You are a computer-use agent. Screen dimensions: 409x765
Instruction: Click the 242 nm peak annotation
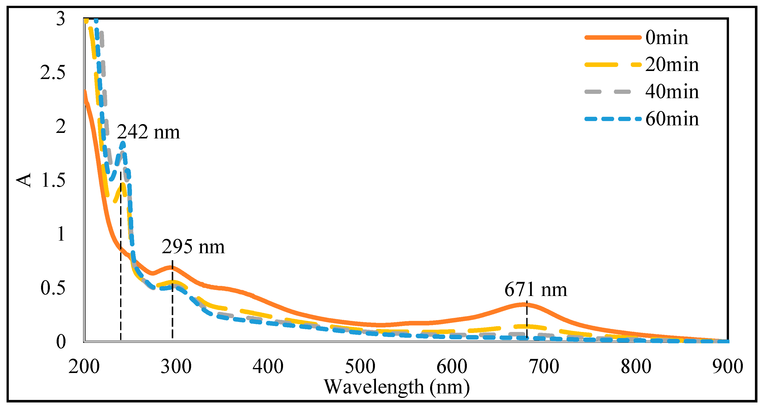[x=148, y=132]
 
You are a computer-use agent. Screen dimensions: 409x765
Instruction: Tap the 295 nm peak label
[x=193, y=247]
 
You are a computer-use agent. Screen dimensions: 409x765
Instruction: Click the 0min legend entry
[x=667, y=38]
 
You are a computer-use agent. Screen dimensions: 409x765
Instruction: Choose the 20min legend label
[x=672, y=65]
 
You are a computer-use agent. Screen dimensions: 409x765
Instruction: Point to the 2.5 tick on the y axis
[x=53, y=72]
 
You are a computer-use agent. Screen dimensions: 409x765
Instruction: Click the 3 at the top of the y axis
[x=61, y=19]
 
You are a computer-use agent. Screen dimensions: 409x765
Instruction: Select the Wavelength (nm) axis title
[x=397, y=387]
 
